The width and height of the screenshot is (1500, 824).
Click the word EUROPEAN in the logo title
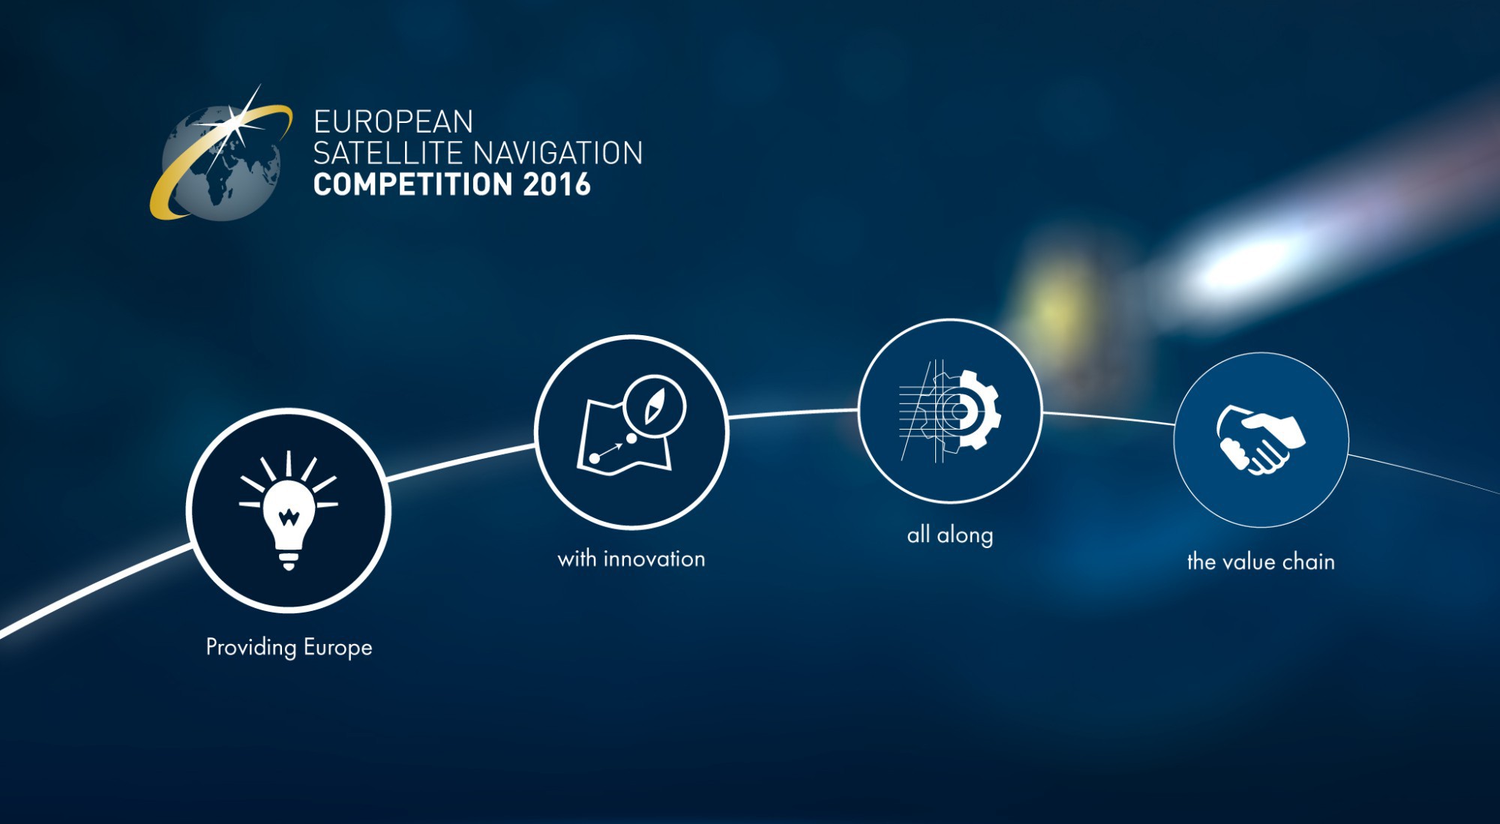coord(393,121)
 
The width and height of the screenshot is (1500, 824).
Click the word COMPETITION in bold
coord(412,184)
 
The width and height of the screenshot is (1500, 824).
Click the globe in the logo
coord(222,163)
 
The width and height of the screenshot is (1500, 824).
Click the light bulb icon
coord(289,511)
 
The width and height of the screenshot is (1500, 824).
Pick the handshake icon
coord(1261,440)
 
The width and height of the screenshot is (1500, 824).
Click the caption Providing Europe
coord(289,647)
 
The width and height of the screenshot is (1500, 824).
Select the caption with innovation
coord(631,559)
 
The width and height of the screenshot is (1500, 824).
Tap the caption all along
coord(950,535)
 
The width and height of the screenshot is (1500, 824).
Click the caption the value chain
coord(1261,562)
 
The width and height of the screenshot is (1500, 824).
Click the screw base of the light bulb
coord(289,559)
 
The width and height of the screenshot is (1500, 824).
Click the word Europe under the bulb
coord(337,648)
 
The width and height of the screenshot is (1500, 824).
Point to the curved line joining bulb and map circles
coord(460,460)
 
